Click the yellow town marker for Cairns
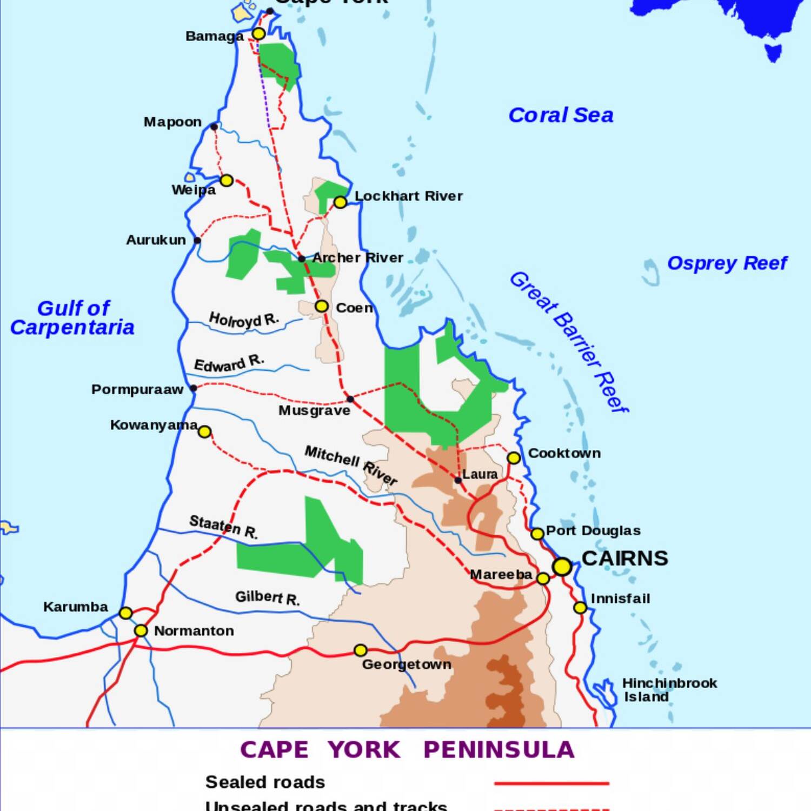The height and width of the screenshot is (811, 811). click(x=562, y=567)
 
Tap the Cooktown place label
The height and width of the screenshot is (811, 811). click(x=564, y=453)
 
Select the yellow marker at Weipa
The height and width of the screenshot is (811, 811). click(x=227, y=180)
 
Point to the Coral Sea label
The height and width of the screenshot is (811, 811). click(x=561, y=115)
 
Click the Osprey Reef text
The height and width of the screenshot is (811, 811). click(x=727, y=263)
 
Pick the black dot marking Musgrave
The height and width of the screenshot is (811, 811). click(x=350, y=399)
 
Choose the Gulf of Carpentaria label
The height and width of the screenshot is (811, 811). click(x=72, y=318)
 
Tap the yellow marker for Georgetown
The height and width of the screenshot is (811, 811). click(x=361, y=650)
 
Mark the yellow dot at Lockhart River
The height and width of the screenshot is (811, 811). click(x=340, y=202)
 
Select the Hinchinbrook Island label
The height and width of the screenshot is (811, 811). click(x=669, y=690)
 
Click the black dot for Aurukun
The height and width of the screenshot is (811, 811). click(x=197, y=240)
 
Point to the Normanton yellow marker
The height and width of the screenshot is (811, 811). click(x=141, y=630)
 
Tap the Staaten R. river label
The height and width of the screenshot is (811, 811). click(x=223, y=527)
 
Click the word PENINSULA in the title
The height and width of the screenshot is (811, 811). click(x=498, y=750)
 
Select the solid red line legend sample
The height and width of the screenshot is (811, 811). click(x=551, y=783)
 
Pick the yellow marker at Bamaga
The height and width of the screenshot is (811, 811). click(x=259, y=34)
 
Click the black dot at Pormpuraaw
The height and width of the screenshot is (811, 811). click(x=194, y=388)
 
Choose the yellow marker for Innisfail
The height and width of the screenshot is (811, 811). click(x=580, y=608)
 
